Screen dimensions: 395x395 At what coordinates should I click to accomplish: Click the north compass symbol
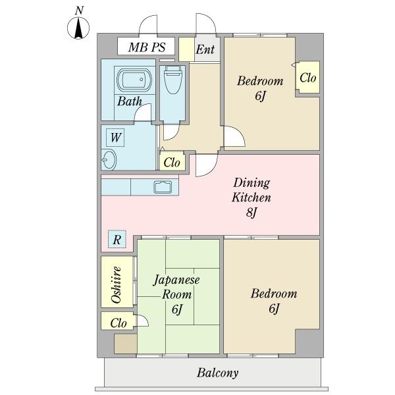78,28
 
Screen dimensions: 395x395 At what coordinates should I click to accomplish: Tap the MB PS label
147,47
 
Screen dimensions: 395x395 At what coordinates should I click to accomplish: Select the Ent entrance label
205,49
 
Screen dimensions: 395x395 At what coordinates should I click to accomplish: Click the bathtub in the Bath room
134,80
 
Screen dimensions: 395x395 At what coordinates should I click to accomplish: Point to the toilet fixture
172,80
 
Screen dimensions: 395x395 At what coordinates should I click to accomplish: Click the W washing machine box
115,138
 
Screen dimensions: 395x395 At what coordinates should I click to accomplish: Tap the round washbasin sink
109,160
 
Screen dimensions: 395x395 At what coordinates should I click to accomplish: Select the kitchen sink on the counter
163,187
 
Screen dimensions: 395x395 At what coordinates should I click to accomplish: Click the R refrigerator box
117,240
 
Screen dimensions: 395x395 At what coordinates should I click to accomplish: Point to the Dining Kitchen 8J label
251,197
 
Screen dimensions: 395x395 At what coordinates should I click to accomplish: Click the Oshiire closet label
116,284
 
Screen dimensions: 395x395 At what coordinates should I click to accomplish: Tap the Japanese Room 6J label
177,294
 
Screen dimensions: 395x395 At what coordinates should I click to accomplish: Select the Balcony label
218,373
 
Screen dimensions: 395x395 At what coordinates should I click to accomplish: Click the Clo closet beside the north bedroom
308,77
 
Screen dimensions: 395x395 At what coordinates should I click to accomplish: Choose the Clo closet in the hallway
172,161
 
